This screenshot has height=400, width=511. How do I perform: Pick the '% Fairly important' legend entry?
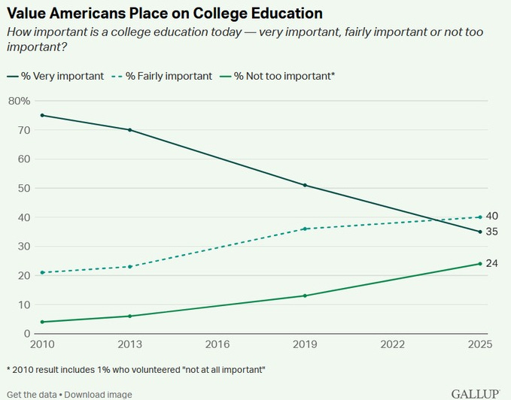coord(162,76)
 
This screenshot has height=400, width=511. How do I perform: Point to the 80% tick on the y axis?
coord(19,101)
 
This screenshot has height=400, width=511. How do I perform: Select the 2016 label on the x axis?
coord(217,345)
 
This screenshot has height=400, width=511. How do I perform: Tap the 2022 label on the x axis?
coord(392,345)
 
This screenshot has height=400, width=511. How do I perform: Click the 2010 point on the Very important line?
coord(42,115)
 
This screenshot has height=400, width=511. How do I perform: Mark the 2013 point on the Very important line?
coord(129,130)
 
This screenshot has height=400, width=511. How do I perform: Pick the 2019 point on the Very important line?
coord(305,185)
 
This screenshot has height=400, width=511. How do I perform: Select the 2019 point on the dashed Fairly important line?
coord(305,229)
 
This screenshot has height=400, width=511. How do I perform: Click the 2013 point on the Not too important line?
coord(129,316)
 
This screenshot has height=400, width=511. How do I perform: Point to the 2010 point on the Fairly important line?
coord(42,272)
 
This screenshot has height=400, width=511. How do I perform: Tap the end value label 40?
coord(492,217)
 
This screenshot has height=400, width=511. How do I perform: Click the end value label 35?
coord(492,232)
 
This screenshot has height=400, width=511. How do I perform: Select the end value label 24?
coord(492,263)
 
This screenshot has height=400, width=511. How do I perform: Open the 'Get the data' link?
coord(30,394)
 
